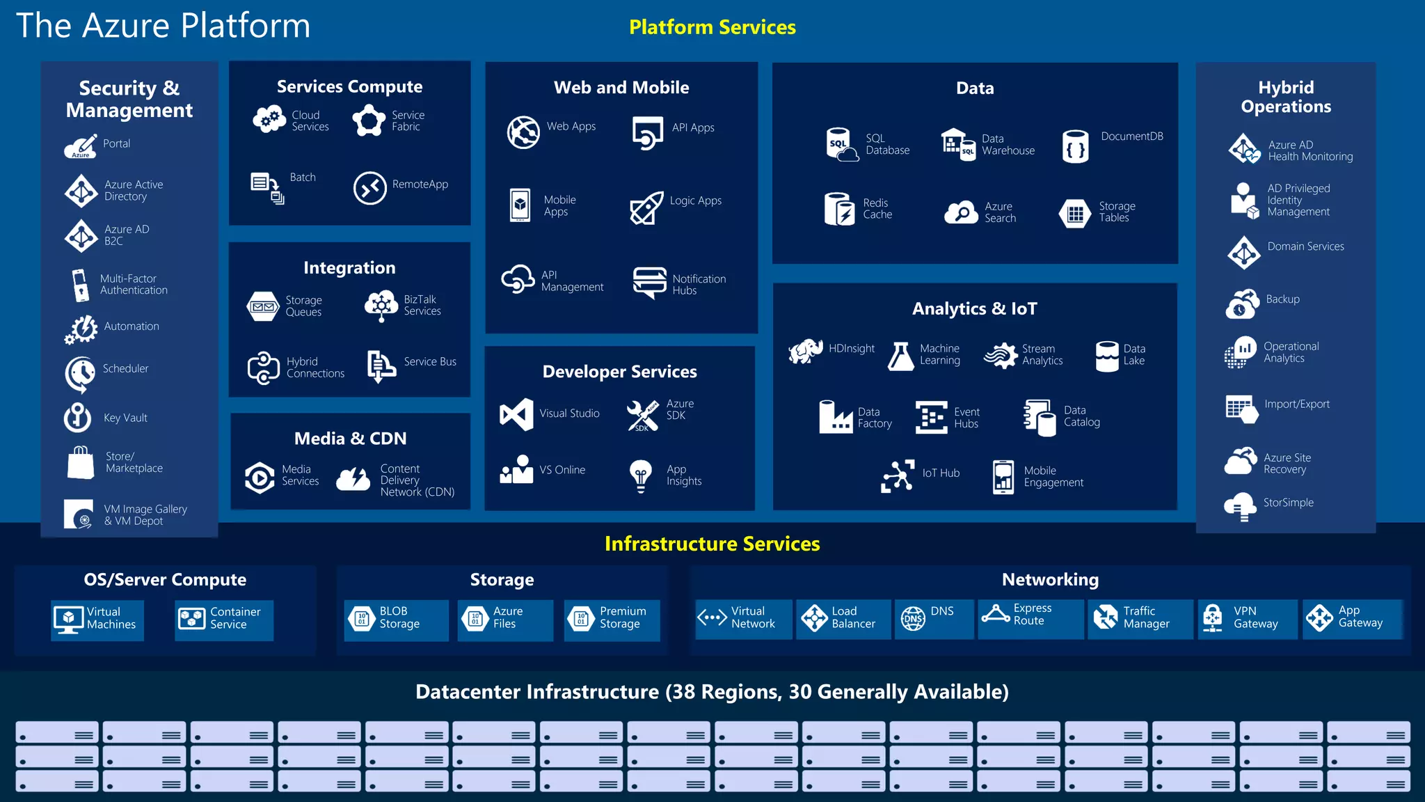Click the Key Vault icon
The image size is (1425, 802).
coord(78,418)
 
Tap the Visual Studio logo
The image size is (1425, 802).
coord(516,414)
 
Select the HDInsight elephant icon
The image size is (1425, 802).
coord(805,351)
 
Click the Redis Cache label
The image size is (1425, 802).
coord(877,209)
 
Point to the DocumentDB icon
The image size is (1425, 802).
coord(1075,146)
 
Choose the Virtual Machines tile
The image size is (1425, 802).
coord(97,619)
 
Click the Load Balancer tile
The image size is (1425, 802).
coord(843,618)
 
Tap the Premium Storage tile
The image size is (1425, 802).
coord(612,618)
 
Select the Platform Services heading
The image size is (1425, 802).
coord(712,27)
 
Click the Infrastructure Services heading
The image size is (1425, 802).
coord(712,544)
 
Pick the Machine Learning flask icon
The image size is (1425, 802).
coord(901,356)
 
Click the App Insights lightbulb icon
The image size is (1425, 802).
coord(640,475)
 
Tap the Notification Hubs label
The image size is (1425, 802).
coord(699,285)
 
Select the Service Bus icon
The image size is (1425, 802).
coord(381,365)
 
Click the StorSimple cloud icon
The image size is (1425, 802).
coord(1240,506)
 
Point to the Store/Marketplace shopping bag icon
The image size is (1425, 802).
coord(81,462)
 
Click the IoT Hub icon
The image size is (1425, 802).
coord(898,475)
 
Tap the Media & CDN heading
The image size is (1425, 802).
coord(350,439)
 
